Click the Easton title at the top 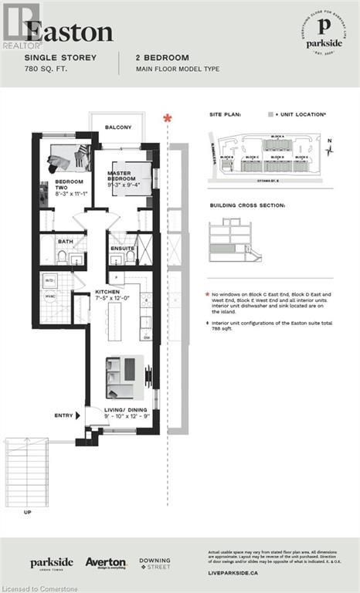pos(70,32)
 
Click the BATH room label pos(66,241)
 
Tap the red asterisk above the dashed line pos(166,118)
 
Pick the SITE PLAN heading pos(226,114)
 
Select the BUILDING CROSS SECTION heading pos(248,206)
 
